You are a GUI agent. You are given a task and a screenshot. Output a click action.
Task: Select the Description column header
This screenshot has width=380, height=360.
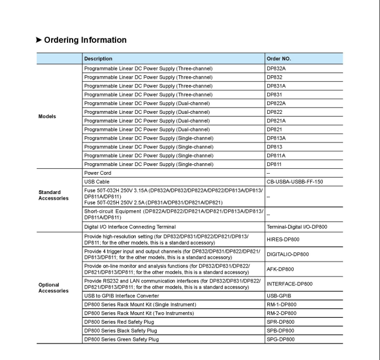98,59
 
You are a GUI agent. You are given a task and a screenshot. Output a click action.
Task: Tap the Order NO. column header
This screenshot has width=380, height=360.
279,59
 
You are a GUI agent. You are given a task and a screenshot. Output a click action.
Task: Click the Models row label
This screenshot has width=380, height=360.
47,117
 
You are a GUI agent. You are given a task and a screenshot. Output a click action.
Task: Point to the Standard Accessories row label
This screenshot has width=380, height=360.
53,195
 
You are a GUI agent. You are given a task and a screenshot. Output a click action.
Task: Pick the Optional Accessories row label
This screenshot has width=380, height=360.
53,288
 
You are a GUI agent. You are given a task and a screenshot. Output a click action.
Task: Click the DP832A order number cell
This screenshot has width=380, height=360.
276,69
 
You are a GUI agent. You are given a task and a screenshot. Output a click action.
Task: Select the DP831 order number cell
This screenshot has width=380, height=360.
274,95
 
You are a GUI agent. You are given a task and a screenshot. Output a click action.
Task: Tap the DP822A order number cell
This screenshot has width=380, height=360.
276,103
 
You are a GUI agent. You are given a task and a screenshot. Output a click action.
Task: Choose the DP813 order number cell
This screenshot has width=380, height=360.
274,147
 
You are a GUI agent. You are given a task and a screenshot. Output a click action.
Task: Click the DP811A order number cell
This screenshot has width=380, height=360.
276,156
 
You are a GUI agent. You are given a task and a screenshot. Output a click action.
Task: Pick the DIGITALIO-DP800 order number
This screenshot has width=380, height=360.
288,254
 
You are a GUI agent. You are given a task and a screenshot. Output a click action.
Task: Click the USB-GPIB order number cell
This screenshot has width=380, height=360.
279,296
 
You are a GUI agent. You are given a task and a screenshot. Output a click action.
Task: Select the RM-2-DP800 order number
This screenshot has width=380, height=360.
282,313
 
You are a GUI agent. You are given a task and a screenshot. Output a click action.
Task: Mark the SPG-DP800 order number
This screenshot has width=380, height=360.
280,339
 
